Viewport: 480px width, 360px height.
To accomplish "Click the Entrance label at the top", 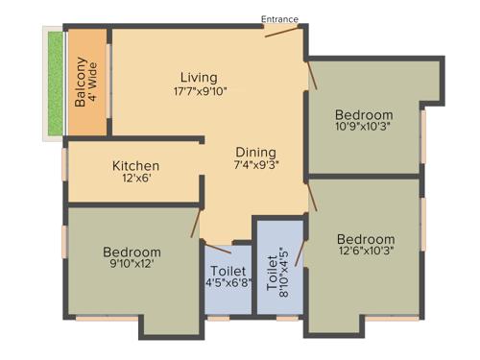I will [280, 19].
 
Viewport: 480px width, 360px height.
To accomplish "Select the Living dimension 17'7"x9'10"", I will [200, 92].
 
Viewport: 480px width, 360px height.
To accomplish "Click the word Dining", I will [256, 152].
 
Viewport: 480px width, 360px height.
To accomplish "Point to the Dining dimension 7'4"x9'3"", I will [256, 166].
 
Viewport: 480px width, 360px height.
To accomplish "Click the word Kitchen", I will [134, 164].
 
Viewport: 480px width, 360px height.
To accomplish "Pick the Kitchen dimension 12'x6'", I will [134, 180].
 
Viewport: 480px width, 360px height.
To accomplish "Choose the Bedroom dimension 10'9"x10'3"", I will [365, 125].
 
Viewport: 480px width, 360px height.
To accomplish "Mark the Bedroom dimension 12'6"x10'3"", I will [365, 252].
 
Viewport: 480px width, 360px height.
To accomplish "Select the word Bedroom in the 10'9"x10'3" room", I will [365, 112].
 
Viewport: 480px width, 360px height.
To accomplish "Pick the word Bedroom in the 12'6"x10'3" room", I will [366, 238].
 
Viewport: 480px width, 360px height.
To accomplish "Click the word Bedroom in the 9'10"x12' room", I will [132, 252].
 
